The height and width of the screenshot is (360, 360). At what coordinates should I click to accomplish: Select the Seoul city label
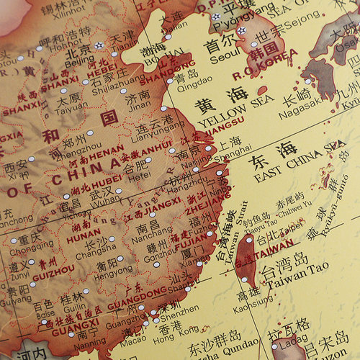click(220, 58)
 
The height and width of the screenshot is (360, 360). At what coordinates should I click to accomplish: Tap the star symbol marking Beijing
click(99, 45)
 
